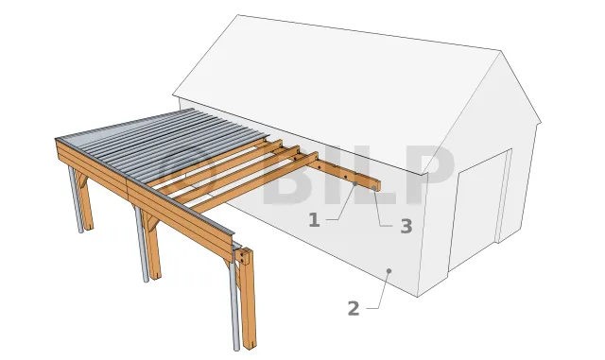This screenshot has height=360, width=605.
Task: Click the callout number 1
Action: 315,220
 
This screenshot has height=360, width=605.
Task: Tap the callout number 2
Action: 354,309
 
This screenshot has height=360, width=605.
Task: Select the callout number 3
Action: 406,226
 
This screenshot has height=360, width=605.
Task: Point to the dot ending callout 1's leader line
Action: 355,183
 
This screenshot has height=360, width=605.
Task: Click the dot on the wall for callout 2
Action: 389,271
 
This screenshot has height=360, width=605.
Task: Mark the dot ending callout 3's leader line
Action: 374,188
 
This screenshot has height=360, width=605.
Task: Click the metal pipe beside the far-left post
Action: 76,199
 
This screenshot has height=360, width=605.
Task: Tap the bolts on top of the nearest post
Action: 244,256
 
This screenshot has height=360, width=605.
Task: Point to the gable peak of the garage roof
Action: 501,51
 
